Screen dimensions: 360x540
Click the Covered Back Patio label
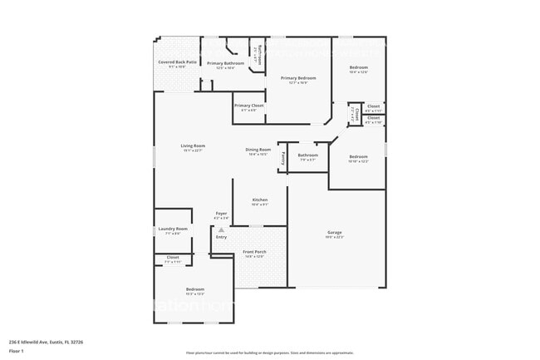pos(177,62)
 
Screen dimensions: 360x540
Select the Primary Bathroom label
pos(225,63)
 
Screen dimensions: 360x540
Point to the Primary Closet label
pos(248,106)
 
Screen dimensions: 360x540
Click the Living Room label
pos(193,145)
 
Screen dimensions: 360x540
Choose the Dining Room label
pos(258,150)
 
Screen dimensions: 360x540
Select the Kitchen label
pos(260,200)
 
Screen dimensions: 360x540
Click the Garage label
pos(335,232)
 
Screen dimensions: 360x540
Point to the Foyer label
pos(221,214)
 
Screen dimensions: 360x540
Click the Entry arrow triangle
pos(221,229)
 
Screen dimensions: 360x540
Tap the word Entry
pos(221,237)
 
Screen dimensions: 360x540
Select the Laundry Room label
pos(176,229)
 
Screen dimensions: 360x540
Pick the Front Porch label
pos(254,252)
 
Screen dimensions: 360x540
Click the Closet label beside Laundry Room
pos(173,258)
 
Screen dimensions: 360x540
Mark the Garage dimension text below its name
pos(335,237)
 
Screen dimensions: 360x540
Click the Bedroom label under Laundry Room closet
pos(195,289)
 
